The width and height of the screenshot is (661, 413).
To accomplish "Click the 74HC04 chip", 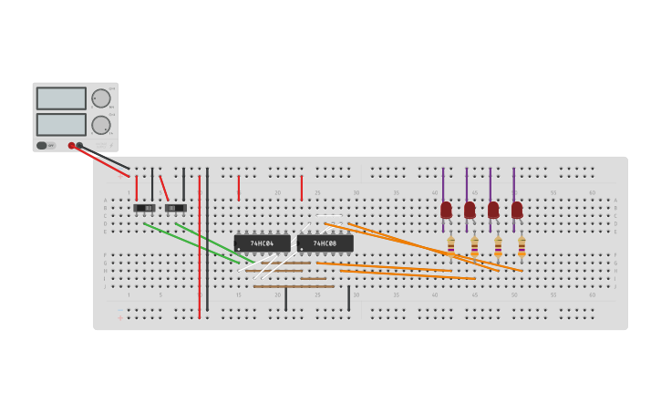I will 262,243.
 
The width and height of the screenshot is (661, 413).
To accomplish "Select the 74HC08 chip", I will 325,243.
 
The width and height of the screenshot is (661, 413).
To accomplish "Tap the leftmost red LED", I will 446,211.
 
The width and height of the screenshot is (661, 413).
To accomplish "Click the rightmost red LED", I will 517,211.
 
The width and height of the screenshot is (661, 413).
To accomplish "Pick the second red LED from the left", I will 470,211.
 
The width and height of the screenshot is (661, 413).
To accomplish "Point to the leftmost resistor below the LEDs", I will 450,244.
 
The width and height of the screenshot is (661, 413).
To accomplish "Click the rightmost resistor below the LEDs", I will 522,244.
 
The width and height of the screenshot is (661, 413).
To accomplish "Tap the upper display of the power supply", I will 61,98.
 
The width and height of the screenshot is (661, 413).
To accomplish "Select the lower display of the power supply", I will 61,124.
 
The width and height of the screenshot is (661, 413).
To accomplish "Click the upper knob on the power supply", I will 101,98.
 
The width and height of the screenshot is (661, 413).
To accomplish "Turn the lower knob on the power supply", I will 101,125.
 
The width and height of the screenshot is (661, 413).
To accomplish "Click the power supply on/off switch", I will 42,145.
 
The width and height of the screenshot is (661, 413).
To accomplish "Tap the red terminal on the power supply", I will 71,145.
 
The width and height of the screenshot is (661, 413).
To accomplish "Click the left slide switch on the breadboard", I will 145,208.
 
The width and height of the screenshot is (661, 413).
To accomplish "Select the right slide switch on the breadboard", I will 176,208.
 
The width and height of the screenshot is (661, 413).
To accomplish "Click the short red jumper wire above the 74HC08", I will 302,188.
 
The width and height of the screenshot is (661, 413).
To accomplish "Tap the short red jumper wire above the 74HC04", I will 239,188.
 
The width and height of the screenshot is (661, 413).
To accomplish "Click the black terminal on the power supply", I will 79,145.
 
